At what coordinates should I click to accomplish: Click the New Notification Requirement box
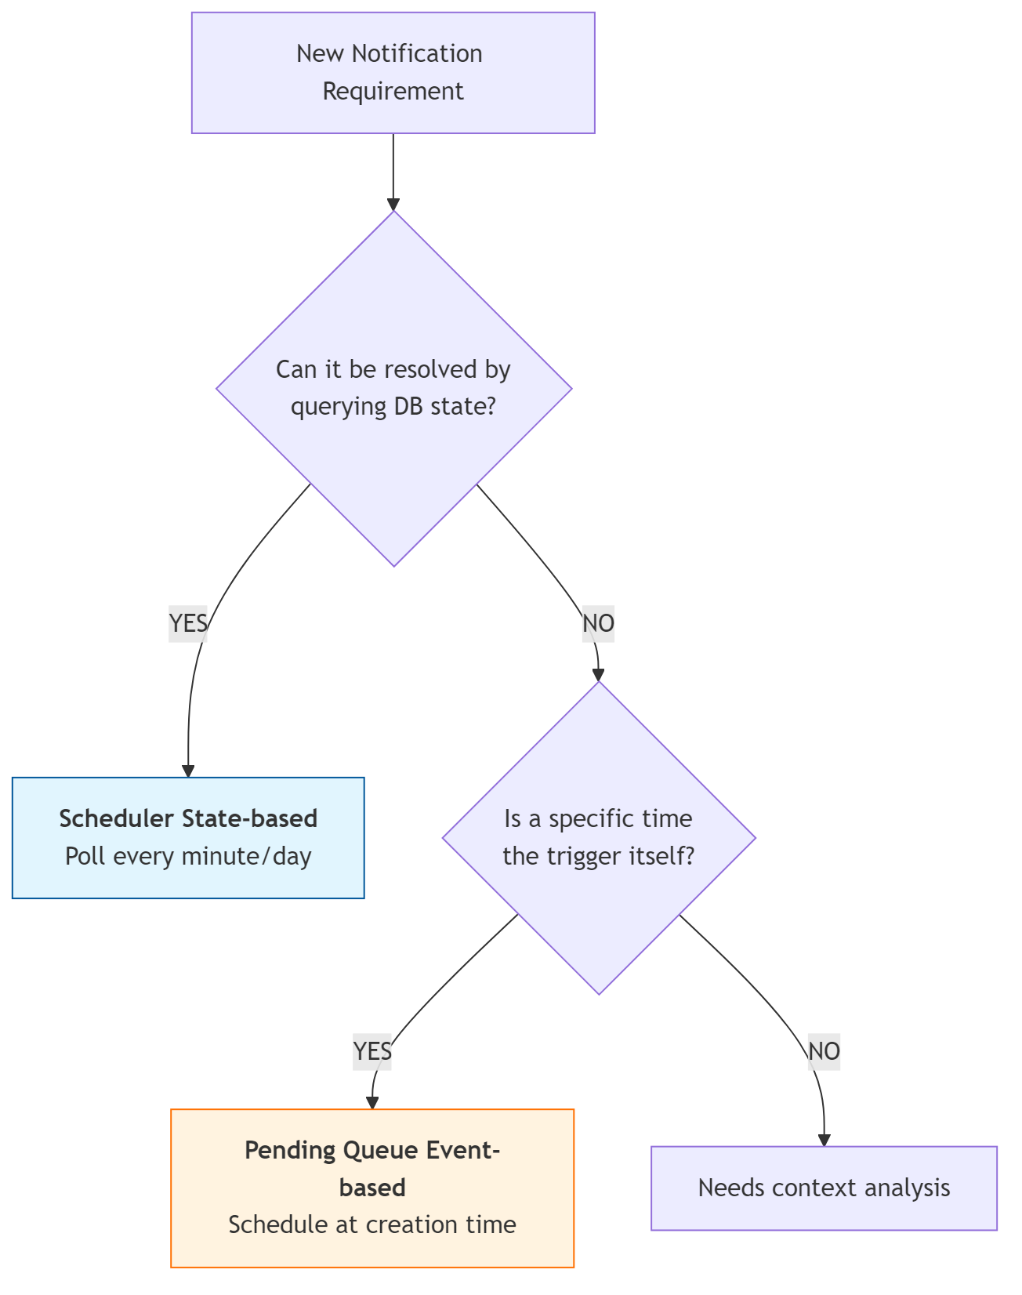(393, 73)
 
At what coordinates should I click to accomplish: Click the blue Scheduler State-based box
(188, 837)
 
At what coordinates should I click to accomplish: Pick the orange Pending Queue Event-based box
(372, 1188)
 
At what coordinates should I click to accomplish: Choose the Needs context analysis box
(824, 1188)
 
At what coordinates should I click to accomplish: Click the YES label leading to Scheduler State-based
(188, 623)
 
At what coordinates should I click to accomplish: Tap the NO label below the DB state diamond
(598, 623)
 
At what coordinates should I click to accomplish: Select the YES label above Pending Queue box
(372, 1050)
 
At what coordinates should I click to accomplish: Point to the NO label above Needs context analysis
(824, 1050)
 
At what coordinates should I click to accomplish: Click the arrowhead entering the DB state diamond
(393, 205)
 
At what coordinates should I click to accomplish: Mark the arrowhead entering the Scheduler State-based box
(188, 771)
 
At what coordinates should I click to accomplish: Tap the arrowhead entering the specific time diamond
(598, 675)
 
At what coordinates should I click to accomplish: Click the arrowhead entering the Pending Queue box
(372, 1102)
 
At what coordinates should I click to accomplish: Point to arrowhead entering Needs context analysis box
(824, 1140)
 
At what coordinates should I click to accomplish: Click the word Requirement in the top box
(393, 91)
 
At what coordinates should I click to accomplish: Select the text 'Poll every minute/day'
(188, 856)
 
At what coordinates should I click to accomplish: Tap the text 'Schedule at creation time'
(372, 1224)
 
